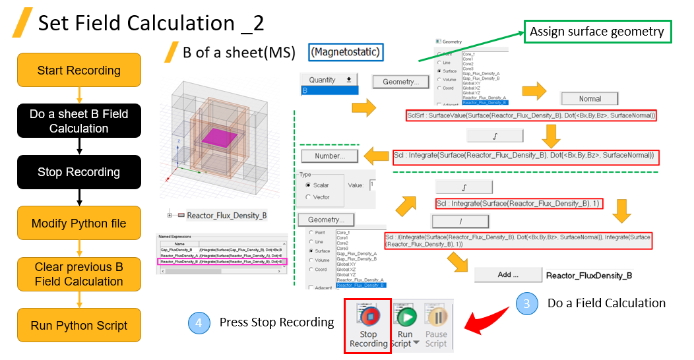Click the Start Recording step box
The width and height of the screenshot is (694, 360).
tap(79, 70)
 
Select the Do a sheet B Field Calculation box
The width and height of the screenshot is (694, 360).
tap(79, 121)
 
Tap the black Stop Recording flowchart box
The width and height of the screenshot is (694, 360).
tap(79, 172)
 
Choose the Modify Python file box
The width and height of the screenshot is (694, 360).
tap(79, 224)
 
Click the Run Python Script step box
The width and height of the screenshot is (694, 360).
tap(79, 325)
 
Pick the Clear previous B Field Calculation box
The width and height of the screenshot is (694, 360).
tap(79, 274)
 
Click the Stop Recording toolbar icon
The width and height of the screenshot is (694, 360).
tap(368, 325)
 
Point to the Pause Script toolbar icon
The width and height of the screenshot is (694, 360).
tap(436, 325)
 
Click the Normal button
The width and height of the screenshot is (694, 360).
tap(590, 99)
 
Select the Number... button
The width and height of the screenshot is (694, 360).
tap(330, 156)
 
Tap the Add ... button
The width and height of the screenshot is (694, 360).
tap(505, 275)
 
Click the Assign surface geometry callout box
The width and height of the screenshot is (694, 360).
tap(597, 32)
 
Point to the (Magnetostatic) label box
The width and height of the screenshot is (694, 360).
tap(347, 51)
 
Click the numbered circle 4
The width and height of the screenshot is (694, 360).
tap(199, 322)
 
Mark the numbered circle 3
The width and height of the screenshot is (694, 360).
tap(526, 303)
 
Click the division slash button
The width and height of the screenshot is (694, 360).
tap(460, 222)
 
